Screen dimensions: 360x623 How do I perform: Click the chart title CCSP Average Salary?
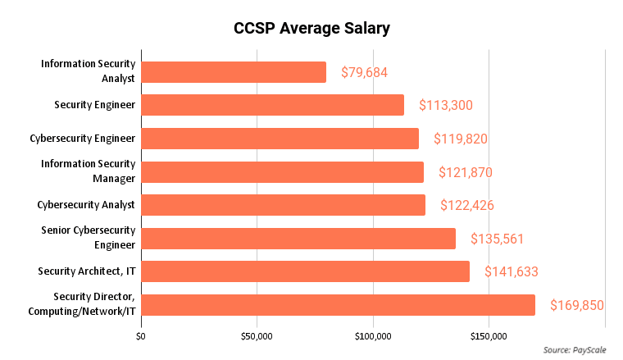tap(311, 29)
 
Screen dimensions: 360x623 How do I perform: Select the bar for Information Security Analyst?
tap(234, 72)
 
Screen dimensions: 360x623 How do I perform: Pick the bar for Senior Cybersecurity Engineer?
tap(298, 239)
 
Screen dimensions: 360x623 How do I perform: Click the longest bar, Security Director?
tap(338, 305)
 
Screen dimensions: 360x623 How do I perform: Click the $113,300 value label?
tap(446, 105)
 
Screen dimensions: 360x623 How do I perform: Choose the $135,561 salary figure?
tap(497, 239)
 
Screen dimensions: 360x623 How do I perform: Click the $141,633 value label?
tap(511, 271)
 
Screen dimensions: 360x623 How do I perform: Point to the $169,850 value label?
tap(576, 305)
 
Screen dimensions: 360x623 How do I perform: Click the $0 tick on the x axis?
tap(142, 336)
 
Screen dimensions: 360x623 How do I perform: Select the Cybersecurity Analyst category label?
tap(86, 205)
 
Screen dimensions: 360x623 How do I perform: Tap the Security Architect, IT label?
tap(87, 271)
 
